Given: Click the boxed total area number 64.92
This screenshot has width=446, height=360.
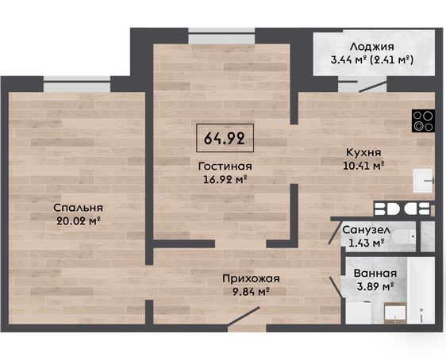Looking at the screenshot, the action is click(225, 139).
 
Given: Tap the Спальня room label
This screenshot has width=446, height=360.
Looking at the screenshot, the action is click(78, 208).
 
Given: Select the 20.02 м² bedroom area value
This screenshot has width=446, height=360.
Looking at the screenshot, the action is click(79, 220).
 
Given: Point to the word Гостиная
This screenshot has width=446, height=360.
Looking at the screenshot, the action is click(225, 167).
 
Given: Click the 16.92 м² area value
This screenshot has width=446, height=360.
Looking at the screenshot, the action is click(225, 179).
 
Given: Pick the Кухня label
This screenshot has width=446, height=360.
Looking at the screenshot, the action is click(363, 152).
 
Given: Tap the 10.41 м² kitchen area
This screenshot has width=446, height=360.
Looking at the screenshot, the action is click(363, 166).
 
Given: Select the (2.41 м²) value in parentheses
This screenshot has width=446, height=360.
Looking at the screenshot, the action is click(392, 60).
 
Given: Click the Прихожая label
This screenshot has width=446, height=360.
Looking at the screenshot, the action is click(251, 279).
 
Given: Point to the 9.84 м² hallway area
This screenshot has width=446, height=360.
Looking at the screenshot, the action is click(251, 292).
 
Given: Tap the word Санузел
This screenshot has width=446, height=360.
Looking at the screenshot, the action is click(366, 230).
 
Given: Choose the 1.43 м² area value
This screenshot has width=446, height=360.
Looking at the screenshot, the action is click(367, 243).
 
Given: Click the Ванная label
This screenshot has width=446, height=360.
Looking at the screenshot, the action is click(375, 274).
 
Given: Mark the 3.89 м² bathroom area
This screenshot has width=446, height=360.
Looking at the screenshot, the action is click(375, 287).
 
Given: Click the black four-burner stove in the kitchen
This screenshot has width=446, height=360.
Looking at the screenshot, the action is click(423, 121).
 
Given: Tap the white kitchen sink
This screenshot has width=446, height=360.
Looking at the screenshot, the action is click(424, 181).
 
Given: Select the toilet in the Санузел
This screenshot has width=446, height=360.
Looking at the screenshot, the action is click(404, 236).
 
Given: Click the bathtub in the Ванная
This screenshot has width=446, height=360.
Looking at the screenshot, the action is click(421, 290).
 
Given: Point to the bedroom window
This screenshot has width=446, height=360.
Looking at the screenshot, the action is click(77, 84).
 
